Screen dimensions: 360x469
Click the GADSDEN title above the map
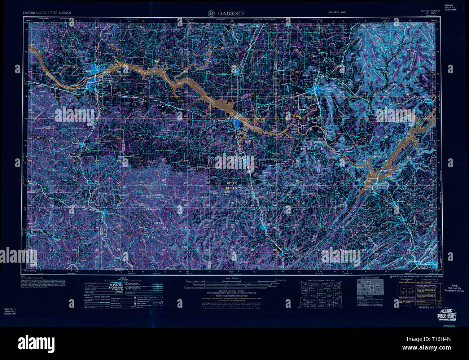pos(231,13)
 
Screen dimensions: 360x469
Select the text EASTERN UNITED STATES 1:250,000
pos(47,13)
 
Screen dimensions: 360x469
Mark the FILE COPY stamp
pos(446,316)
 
